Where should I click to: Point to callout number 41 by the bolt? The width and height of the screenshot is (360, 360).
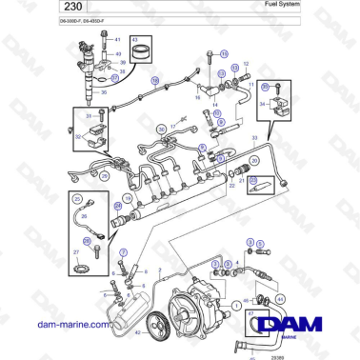click(x=118, y=38)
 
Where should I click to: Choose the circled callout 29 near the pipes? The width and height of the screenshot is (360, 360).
click(x=77, y=175)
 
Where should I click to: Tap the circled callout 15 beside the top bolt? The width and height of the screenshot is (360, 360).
click(x=224, y=55)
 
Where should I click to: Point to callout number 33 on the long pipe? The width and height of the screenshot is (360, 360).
click(x=254, y=140)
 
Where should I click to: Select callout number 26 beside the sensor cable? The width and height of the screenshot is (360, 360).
click(x=83, y=216)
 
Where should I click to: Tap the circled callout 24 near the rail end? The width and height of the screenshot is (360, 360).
click(x=117, y=205)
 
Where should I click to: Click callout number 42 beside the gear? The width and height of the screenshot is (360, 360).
click(x=139, y=332)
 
